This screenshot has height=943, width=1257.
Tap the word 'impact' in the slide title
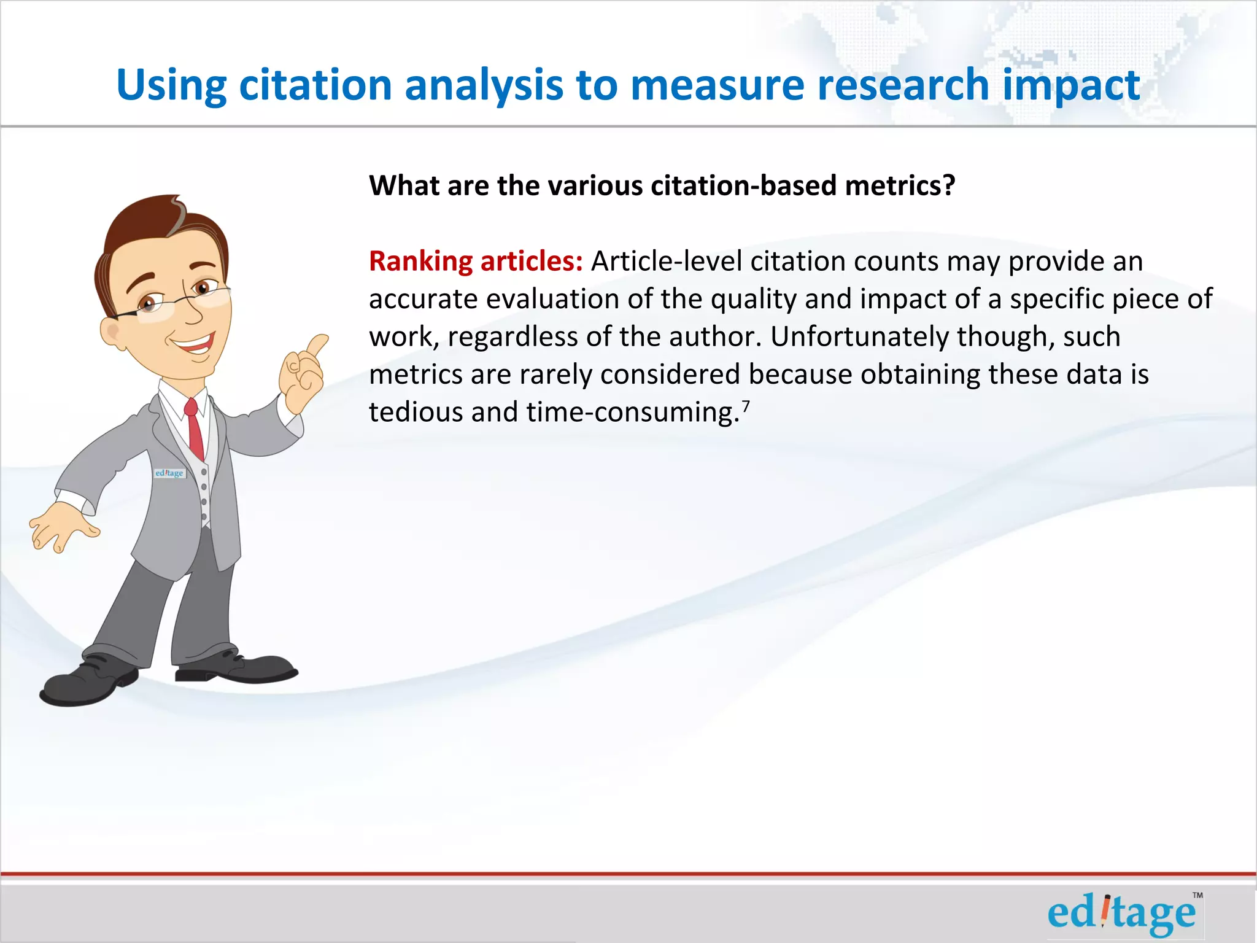[x=1071, y=85]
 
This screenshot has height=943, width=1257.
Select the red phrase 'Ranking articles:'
[x=476, y=262]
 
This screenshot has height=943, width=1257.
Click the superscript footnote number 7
[x=746, y=405]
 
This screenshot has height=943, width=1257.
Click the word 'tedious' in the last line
[x=416, y=413]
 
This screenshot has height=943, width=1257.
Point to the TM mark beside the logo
[x=1197, y=896]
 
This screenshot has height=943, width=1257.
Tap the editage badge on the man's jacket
[x=169, y=473]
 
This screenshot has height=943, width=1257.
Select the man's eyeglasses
[x=178, y=301]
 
